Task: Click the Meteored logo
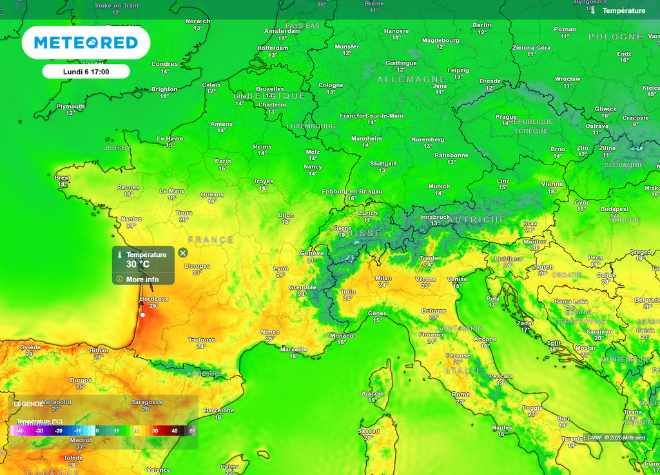pyautogui.click(x=86, y=43)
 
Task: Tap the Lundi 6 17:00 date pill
pyautogui.click(x=86, y=72)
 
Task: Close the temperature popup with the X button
pyautogui.click(x=183, y=253)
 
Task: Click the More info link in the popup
pyautogui.click(x=142, y=279)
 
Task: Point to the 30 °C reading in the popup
pyautogui.click(x=138, y=264)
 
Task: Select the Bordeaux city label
pyautogui.click(x=154, y=299)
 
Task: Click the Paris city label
pyautogui.click(x=223, y=161)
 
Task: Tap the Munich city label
pyautogui.click(x=439, y=187)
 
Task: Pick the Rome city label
pyautogui.click(x=461, y=394)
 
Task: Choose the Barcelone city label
pyautogui.click(x=219, y=410)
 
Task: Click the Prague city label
pyautogui.click(x=506, y=117)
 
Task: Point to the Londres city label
pyautogui.click(x=165, y=64)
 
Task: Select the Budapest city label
pyautogui.click(x=614, y=209)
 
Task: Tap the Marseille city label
pyautogui.click(x=294, y=349)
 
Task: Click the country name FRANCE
pyautogui.click(x=211, y=240)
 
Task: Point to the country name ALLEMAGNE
pyautogui.click(x=412, y=79)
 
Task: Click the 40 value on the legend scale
pyautogui.click(x=174, y=430)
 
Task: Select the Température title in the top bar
pyautogui.click(x=623, y=10)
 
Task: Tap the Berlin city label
pyautogui.click(x=481, y=25)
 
